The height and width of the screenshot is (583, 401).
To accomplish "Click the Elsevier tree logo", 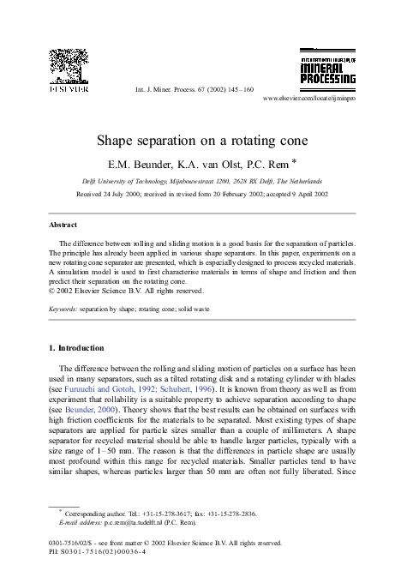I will (68, 64).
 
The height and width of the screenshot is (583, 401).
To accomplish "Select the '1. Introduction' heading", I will (76, 348).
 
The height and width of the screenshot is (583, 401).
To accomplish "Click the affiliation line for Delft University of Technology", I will (201, 181).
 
